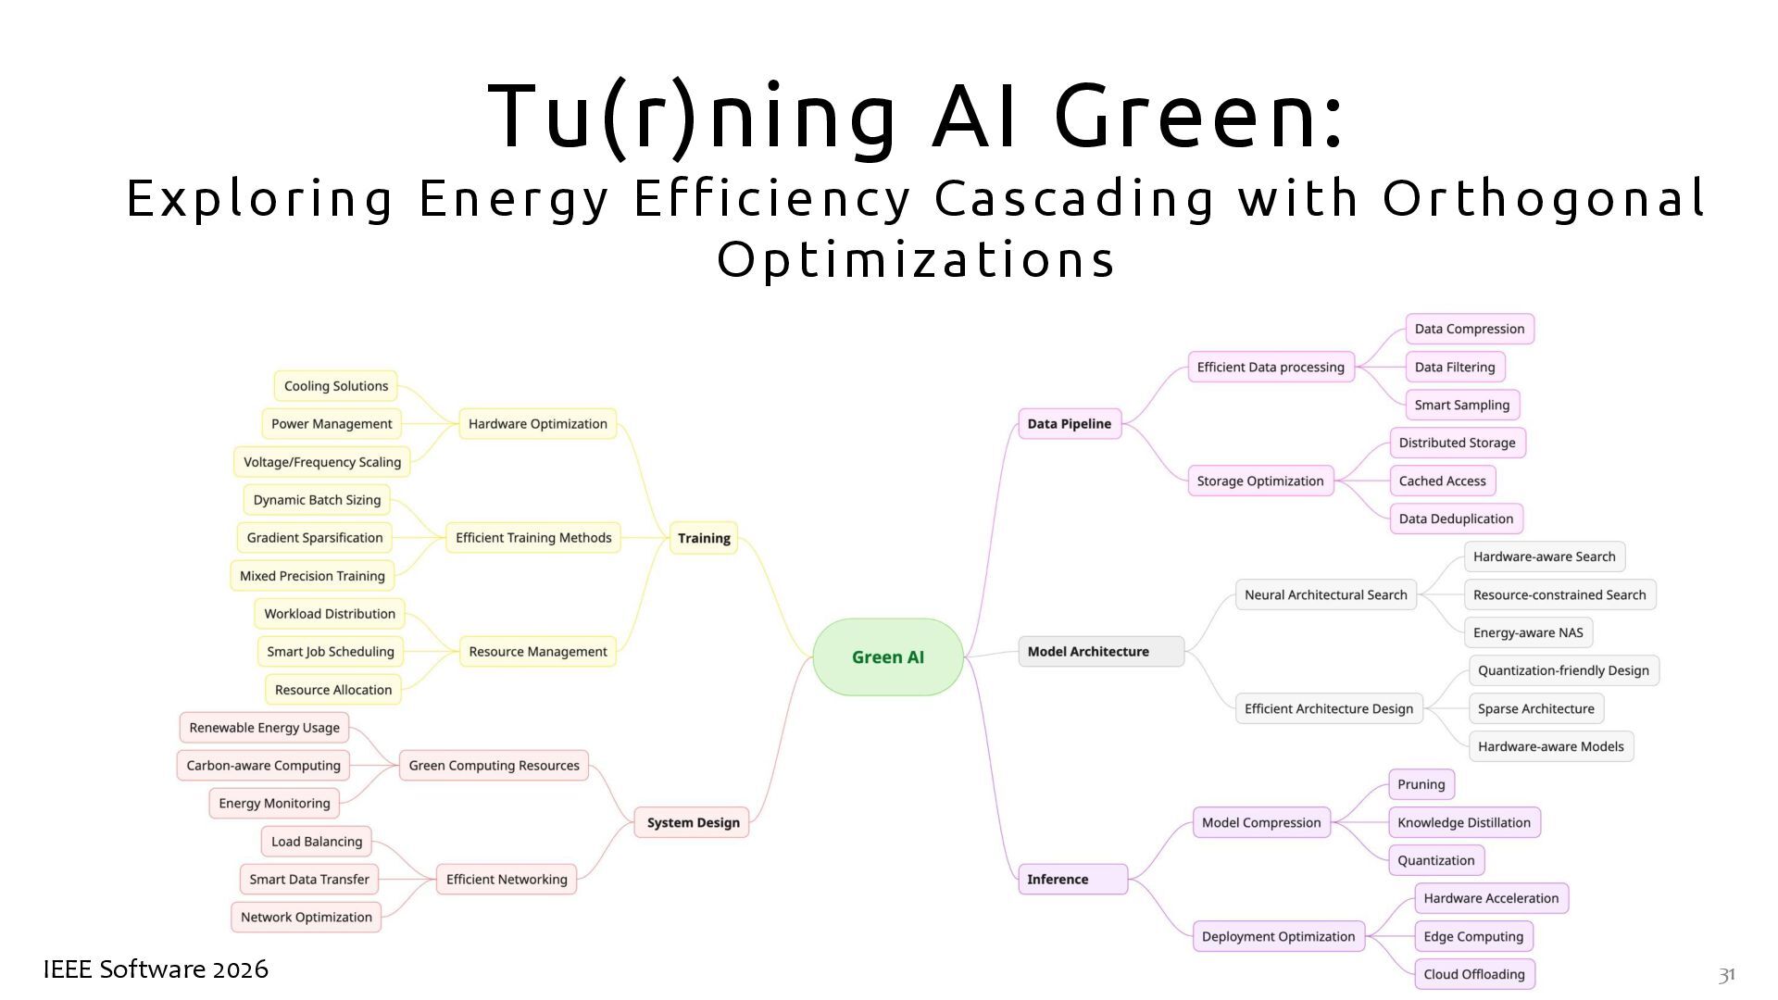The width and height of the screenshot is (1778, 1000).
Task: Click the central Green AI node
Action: click(887, 657)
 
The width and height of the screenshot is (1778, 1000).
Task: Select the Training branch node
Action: click(704, 538)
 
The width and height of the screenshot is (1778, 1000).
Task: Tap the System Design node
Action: click(693, 822)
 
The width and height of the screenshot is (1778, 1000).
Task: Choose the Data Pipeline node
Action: click(1069, 424)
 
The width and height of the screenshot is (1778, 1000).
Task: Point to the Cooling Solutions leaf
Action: click(335, 386)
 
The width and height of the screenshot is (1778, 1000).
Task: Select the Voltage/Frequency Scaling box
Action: click(321, 462)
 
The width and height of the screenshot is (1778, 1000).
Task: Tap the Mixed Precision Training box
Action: click(312, 576)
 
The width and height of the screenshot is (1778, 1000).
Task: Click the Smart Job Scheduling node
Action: click(331, 652)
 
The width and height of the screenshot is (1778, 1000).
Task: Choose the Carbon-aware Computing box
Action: click(264, 766)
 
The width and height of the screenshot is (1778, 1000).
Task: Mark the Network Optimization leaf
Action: click(306, 918)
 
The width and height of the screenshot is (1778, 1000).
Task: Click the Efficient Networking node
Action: click(507, 880)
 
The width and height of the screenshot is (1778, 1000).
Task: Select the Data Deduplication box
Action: click(1456, 519)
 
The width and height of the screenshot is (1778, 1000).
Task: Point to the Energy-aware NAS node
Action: click(1528, 633)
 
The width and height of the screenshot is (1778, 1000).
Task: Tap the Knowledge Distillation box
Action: click(1463, 823)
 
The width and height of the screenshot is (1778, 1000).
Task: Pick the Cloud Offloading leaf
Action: click(1474, 974)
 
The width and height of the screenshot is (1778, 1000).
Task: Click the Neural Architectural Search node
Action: click(1325, 595)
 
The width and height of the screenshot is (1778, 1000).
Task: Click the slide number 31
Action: click(1726, 975)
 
